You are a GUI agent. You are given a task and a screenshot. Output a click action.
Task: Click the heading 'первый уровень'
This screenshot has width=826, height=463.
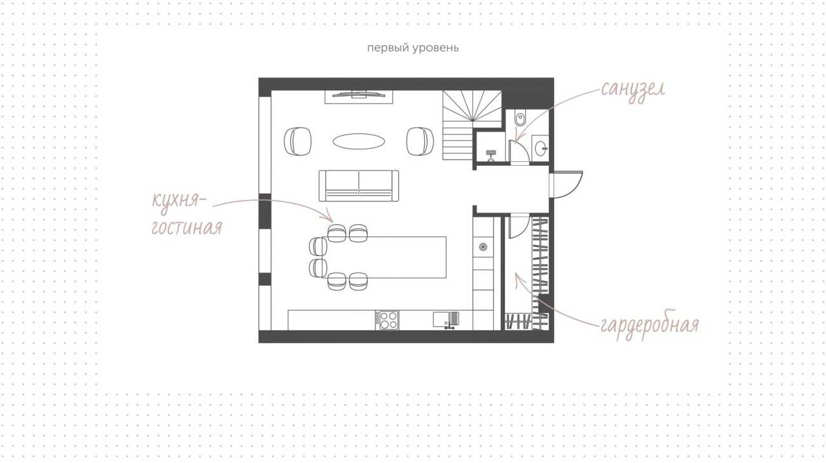413,48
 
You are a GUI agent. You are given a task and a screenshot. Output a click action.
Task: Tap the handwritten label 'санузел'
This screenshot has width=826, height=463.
633,90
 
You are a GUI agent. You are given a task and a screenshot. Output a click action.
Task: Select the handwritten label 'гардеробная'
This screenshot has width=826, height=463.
650,325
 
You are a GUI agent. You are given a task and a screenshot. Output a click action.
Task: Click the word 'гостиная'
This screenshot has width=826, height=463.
187,227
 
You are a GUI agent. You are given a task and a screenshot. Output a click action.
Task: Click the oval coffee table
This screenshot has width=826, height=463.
359,142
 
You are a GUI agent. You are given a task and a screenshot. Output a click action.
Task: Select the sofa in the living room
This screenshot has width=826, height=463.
359,186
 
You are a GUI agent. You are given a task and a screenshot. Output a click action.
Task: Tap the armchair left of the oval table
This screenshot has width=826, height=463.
297,141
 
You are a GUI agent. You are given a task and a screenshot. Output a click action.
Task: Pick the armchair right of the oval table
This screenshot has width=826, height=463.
420,141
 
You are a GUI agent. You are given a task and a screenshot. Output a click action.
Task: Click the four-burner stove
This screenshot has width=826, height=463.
388,320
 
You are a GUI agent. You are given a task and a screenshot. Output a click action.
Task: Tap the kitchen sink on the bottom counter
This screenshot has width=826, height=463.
446,320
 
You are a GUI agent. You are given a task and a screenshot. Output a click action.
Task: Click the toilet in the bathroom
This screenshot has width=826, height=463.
520,119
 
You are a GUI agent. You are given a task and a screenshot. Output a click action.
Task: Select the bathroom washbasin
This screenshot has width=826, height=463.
541,148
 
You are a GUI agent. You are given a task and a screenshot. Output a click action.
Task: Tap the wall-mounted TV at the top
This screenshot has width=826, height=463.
359,95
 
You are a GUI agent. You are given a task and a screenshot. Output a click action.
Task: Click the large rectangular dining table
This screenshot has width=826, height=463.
384,257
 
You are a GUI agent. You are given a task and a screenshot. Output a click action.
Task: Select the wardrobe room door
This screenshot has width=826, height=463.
519,226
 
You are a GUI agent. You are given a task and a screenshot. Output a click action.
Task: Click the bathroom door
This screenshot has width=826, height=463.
519,152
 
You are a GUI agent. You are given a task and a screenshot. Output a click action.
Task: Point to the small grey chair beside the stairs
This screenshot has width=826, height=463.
491,156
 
